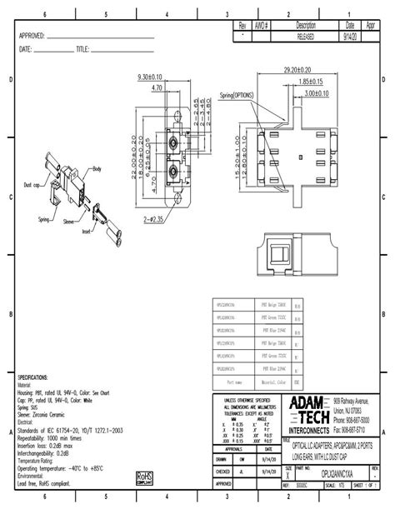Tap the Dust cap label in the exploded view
click(32, 184)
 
